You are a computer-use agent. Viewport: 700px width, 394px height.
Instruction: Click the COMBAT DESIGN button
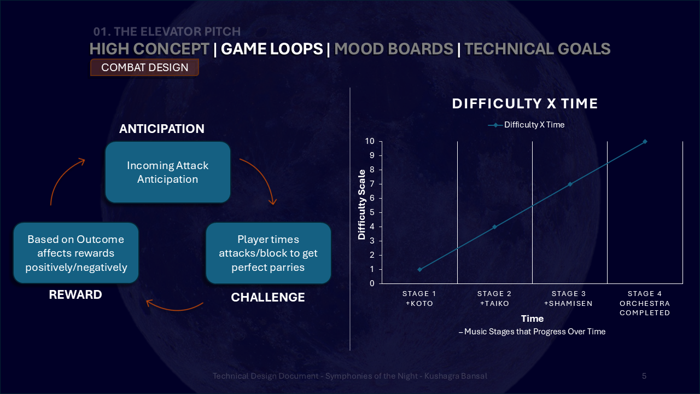145,67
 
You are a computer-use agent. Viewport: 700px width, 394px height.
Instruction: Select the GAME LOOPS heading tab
272,49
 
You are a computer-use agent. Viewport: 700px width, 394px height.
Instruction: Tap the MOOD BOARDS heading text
394,49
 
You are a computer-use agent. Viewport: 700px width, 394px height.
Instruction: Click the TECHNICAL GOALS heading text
538,49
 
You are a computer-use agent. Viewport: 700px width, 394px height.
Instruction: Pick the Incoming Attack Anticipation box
168,172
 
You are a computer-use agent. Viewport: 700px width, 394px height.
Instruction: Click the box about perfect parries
268,253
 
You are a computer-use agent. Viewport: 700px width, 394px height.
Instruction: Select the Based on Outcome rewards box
76,253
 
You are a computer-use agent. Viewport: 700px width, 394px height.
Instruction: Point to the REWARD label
75,294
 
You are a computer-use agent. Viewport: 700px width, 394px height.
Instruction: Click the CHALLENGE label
268,297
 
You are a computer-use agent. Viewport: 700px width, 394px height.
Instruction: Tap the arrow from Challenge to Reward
175,309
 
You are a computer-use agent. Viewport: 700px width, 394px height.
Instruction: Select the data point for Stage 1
419,269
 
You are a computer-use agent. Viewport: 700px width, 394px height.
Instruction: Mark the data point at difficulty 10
645,142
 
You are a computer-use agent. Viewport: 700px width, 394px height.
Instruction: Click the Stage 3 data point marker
570,184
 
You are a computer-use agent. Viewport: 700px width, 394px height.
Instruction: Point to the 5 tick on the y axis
372,212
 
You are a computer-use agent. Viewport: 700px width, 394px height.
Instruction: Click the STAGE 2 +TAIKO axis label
494,298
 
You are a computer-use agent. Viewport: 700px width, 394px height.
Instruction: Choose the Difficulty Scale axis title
361,205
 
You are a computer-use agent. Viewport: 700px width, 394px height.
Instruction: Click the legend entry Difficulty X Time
526,125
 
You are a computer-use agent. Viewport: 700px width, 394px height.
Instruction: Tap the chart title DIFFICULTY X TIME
525,103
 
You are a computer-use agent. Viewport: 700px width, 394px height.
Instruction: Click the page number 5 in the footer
644,376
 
